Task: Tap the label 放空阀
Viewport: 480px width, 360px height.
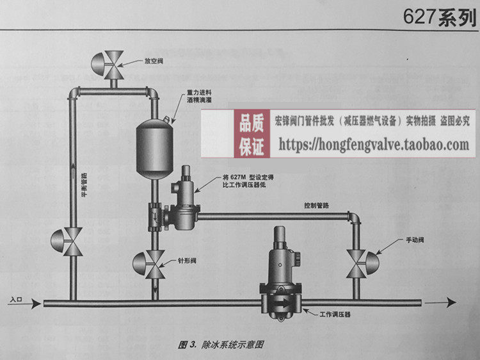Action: [x=154, y=62]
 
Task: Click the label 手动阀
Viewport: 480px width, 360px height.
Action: [x=415, y=240]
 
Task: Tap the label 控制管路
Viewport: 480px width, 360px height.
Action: [x=317, y=206]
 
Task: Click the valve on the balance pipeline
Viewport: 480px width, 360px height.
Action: [x=71, y=241]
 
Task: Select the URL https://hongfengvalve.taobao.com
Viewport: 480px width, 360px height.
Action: [x=374, y=144]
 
